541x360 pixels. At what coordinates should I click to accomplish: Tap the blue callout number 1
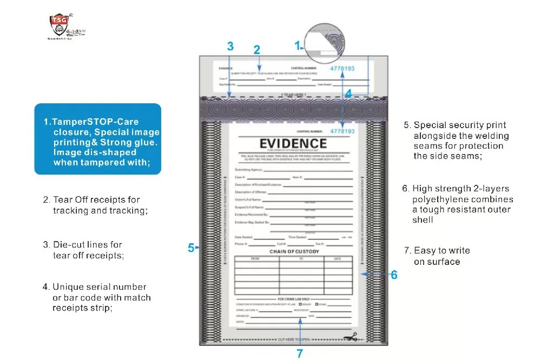(297, 46)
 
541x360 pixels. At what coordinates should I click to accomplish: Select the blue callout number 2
(257, 50)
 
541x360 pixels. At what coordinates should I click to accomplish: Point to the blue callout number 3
(230, 46)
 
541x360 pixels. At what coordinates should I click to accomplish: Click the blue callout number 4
(349, 93)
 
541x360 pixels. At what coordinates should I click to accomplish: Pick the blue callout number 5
(191, 248)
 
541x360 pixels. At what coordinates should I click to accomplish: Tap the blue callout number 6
(394, 275)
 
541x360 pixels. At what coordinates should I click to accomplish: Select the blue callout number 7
(300, 354)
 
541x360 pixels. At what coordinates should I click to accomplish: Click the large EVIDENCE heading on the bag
(293, 144)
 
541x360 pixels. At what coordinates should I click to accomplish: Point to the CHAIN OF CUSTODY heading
(294, 252)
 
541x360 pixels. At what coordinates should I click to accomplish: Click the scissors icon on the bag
(351, 337)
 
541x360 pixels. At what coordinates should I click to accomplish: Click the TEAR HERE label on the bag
(294, 95)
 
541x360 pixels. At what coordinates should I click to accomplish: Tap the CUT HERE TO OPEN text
(294, 339)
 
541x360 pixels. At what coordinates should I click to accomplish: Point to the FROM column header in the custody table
(256, 259)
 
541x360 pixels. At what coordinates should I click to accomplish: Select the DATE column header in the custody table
(338, 259)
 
